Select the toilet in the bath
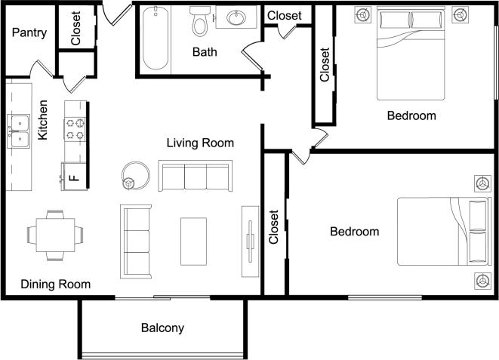point(200,23)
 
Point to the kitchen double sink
point(18,131)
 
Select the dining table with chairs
point(54,235)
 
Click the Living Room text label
point(200,143)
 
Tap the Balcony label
point(162,328)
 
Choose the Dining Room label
point(56,285)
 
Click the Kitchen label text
point(44,120)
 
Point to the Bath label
point(205,52)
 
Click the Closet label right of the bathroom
point(285,15)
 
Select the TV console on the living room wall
point(249,241)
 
